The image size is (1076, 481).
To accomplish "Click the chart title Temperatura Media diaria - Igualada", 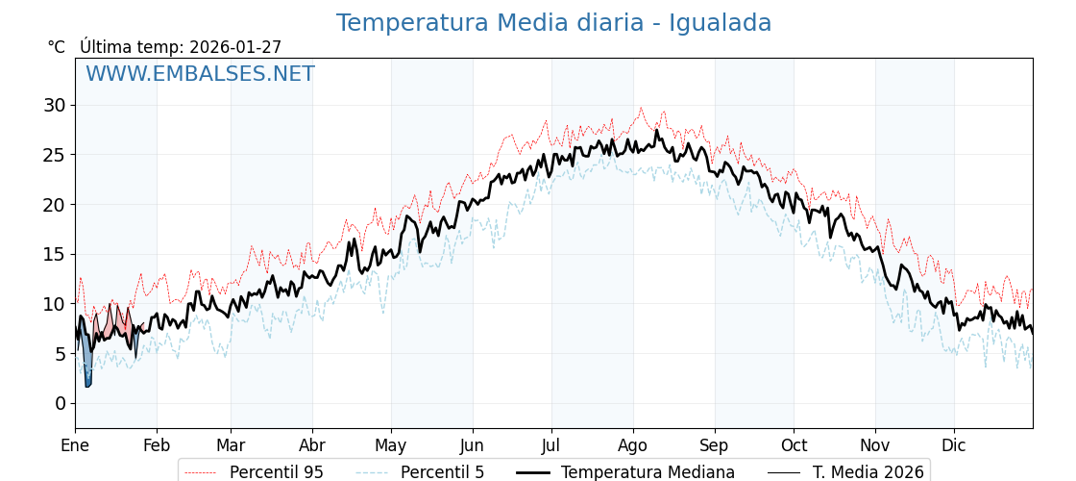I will [553, 23].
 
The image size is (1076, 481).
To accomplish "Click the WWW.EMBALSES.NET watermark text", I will [200, 74].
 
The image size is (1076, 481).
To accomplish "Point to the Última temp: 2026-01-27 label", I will [181, 47].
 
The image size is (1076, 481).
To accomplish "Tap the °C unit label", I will [57, 47].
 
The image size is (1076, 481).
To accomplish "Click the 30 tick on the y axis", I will [54, 105].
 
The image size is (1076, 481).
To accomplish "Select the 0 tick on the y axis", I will [60, 403].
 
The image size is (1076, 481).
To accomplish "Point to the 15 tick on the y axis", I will [54, 254].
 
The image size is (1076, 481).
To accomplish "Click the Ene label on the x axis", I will [75, 446].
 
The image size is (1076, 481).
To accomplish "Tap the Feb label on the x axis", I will [157, 446].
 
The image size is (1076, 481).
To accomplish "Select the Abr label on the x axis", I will [312, 446].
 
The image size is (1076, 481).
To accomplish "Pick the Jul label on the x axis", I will [551, 446].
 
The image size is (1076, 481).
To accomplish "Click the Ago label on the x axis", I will [633, 446].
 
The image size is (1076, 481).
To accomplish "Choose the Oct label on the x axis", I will [794, 446].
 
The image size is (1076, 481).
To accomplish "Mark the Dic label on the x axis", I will [954, 446].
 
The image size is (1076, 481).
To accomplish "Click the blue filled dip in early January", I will [87, 370].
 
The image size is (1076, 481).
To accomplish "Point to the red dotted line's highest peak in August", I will [641, 108].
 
